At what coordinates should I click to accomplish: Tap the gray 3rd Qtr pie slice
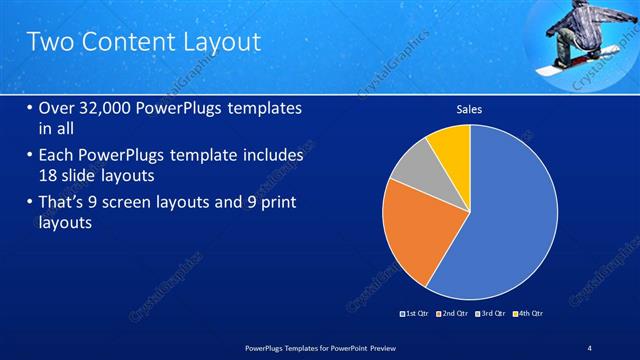point(412,168)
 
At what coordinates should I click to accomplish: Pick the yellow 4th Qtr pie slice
point(452,145)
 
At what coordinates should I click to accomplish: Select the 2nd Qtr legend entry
point(455,314)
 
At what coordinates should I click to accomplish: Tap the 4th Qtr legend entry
point(529,314)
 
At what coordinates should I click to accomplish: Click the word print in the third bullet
point(268,203)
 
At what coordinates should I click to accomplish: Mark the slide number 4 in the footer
point(590,346)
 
